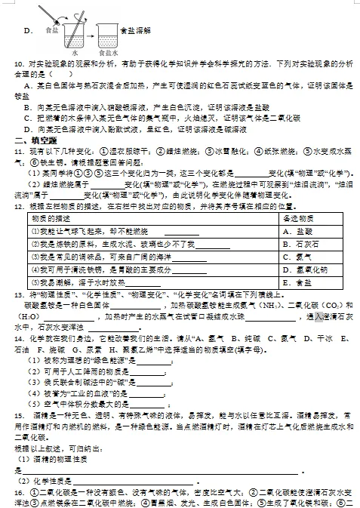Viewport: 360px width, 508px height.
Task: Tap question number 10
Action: point(18,65)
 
